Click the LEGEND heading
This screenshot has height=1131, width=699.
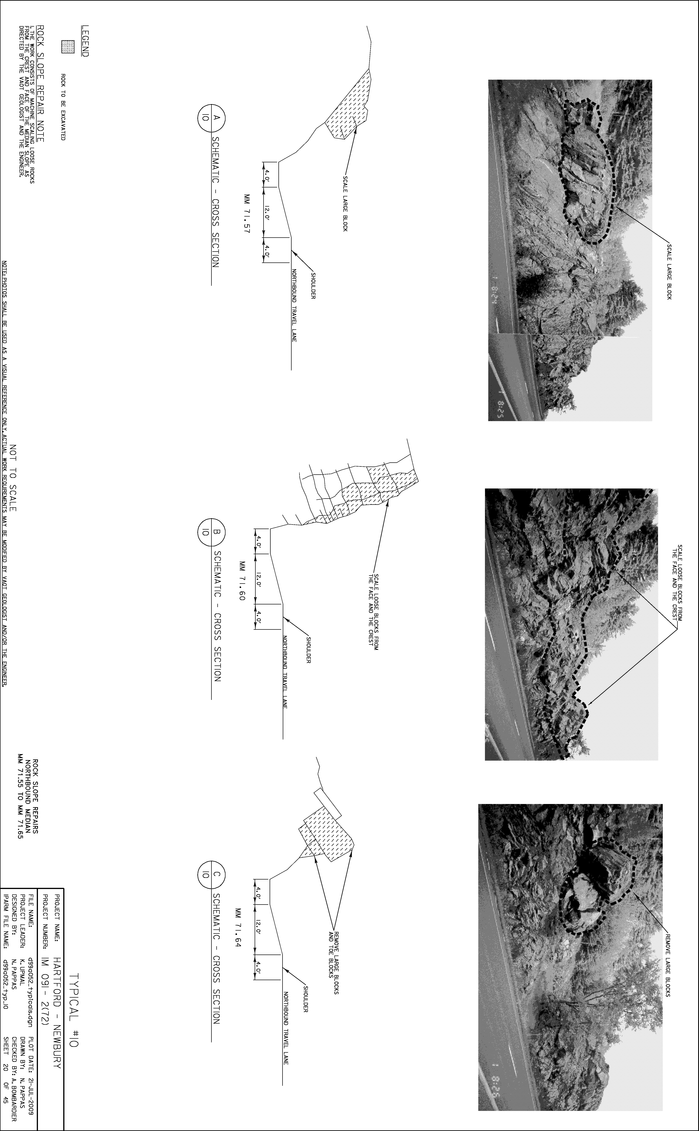coord(85,41)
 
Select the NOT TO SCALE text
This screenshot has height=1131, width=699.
coord(13,478)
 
